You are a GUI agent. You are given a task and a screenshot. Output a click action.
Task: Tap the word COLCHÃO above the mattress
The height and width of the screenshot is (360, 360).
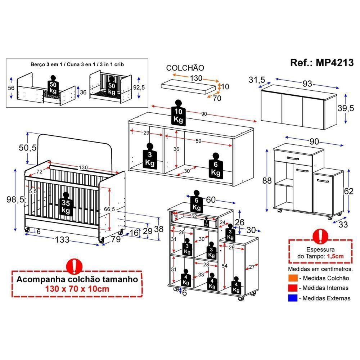pos(185,68)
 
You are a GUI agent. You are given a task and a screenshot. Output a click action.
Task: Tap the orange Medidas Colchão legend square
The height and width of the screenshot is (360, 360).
pos(293,278)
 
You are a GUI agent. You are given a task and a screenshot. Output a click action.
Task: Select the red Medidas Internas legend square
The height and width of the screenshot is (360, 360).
pos(293,288)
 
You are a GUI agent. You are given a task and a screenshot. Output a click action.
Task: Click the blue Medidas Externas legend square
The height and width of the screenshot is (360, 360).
pos(293,298)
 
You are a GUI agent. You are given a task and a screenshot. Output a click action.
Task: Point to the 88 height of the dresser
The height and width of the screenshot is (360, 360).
pos(267,181)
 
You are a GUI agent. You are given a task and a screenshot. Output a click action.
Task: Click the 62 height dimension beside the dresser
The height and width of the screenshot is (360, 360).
pos(349,191)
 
